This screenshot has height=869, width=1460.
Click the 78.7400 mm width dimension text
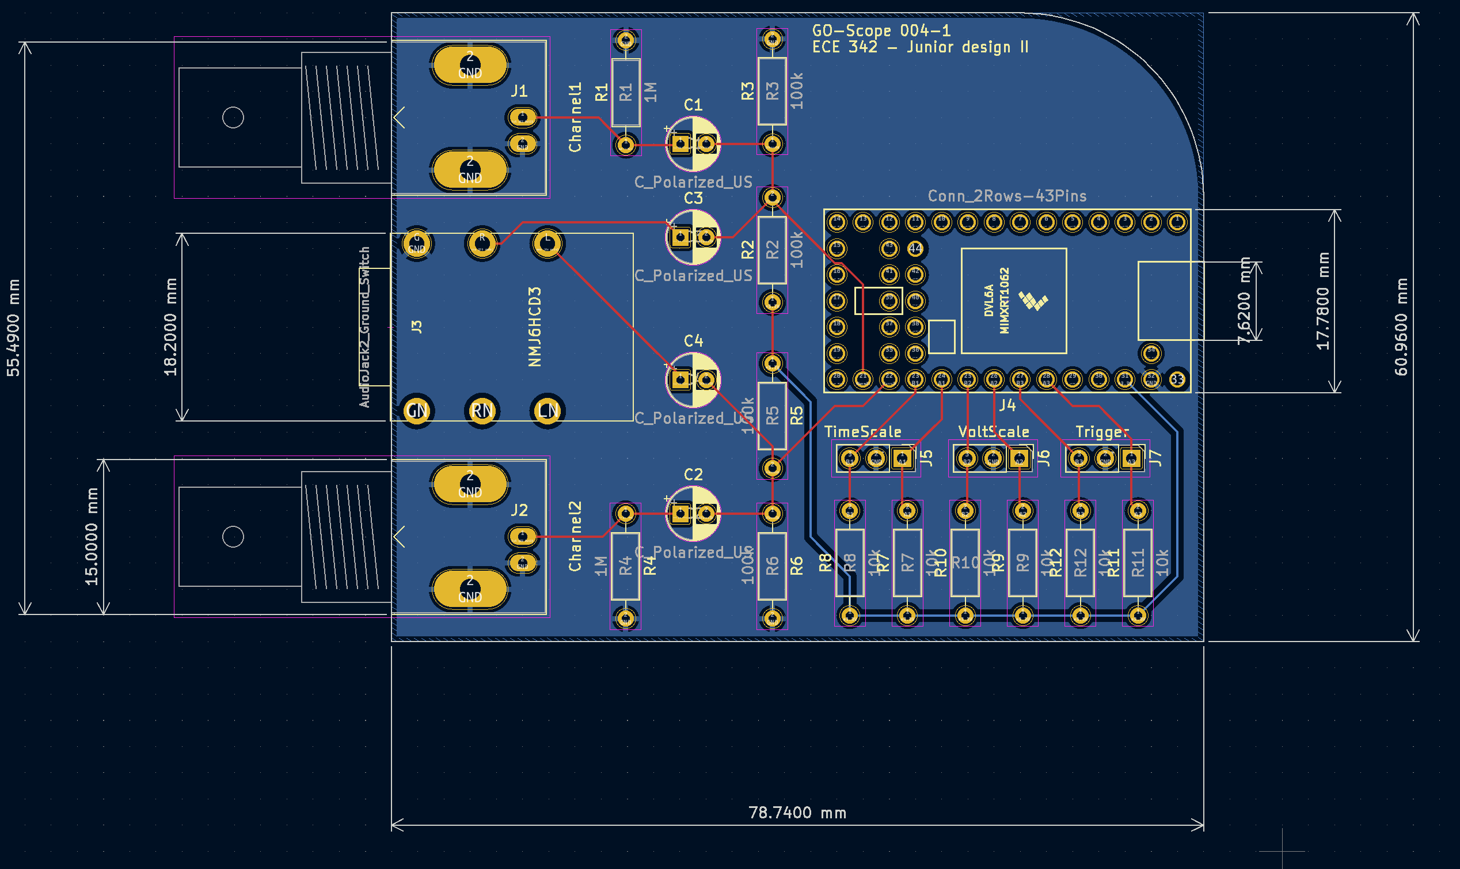[797, 813]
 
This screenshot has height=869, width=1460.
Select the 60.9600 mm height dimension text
[1401, 327]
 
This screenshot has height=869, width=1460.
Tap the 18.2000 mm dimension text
[170, 327]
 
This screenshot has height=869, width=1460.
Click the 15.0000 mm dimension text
[92, 536]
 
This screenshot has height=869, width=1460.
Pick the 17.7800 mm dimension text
[1323, 301]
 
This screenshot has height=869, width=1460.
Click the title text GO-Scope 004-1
[881, 31]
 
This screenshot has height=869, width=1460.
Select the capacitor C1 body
[693, 143]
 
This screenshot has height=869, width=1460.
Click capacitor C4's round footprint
[693, 380]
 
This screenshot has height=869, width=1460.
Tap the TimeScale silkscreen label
[862, 431]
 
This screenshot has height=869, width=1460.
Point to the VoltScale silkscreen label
[994, 431]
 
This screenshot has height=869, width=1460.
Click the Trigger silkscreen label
[1102, 431]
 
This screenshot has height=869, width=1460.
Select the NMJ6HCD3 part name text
[534, 327]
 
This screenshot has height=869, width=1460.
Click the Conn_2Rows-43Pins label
[1007, 196]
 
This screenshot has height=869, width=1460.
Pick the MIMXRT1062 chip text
[1005, 301]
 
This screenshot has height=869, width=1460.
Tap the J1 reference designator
[519, 91]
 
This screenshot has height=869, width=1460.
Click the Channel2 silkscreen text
[575, 536]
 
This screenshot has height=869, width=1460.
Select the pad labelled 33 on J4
[1177, 380]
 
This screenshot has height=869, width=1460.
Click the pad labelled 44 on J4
[915, 248]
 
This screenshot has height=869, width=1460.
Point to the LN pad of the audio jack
[547, 411]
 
